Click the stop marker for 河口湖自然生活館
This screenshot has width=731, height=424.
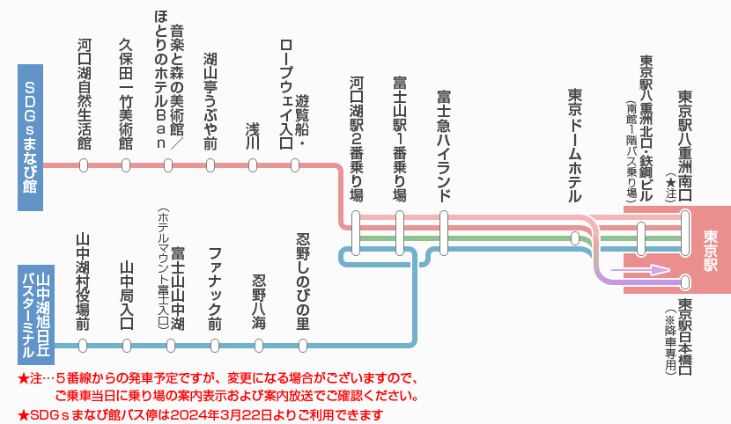click(84, 165)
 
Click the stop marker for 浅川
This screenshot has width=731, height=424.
click(254, 165)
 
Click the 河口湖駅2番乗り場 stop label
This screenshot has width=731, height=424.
click(356, 140)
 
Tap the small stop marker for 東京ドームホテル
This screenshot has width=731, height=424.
click(575, 238)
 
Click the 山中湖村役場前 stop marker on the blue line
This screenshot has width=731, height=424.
click(84, 346)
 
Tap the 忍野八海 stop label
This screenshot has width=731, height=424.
click(259, 302)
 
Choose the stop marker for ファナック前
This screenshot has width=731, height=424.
click(213, 346)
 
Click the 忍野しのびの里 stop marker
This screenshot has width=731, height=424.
click(303, 346)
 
